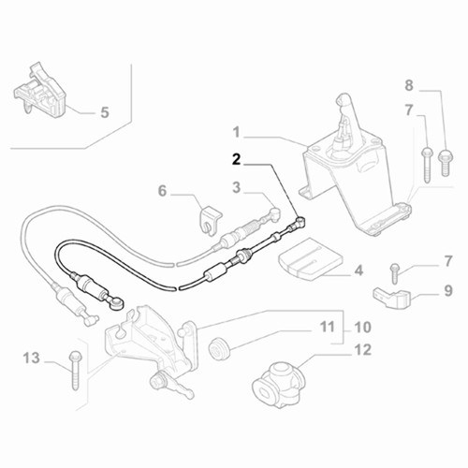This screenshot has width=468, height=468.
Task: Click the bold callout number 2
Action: (x=237, y=160)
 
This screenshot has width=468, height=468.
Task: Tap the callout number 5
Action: (x=105, y=112)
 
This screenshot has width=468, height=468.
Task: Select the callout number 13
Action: (x=32, y=358)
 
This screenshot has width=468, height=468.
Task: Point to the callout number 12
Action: (x=363, y=350)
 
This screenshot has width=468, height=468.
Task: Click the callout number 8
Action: (x=409, y=85)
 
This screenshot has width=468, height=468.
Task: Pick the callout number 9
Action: (x=448, y=291)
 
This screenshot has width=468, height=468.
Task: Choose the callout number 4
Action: (x=358, y=271)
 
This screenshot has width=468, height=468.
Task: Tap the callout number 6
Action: (x=162, y=191)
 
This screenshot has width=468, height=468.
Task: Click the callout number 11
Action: (x=328, y=327)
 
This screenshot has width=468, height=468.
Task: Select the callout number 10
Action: (x=363, y=328)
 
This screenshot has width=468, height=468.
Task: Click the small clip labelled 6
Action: (x=210, y=221)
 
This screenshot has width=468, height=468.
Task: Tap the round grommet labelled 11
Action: (x=218, y=349)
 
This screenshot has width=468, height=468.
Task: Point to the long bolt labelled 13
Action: (x=75, y=371)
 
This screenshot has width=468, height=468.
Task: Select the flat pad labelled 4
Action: (x=311, y=257)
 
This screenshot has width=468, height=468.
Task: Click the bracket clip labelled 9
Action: (x=391, y=297)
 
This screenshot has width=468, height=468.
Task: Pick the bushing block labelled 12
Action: (x=279, y=385)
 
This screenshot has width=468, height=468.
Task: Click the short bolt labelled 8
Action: (x=446, y=162)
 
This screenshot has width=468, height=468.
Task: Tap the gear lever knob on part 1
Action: (x=342, y=100)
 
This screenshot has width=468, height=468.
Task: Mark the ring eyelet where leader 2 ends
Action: (x=300, y=221)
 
